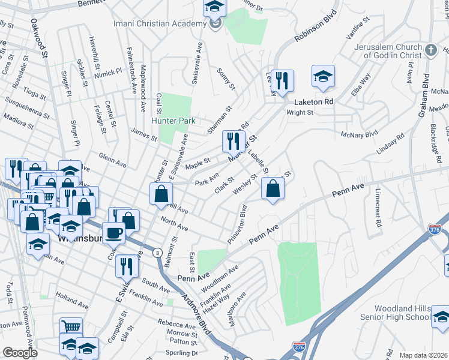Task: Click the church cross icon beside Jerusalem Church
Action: coord(430,50)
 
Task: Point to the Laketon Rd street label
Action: coord(313,102)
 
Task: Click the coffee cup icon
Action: coord(113,232)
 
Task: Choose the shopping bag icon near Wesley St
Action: coord(273,188)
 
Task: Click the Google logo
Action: coord(20,353)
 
